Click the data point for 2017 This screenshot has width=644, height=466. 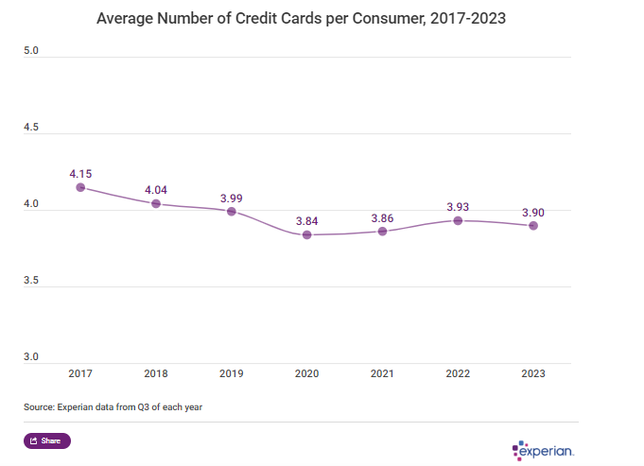pos(80,187)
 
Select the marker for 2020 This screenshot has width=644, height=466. pos(306,234)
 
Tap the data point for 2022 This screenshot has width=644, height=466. pos(458,220)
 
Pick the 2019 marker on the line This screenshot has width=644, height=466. pos(231,211)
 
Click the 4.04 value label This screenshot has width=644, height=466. pos(156,190)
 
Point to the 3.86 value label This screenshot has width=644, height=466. pos(382,218)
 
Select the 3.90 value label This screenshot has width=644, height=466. pos(533,213)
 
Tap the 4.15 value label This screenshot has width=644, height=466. pos(80,174)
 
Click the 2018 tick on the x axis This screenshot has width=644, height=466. pos(156,374)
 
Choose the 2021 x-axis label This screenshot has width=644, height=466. pos(382,374)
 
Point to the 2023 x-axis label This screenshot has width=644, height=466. pos(533,374)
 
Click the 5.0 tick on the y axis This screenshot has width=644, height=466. pos(31,50)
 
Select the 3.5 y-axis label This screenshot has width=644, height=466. pos(31,281)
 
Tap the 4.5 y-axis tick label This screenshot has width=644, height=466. pos(31,127)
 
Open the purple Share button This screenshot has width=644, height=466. pos(46,440)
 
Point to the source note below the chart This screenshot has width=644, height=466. pos(113,406)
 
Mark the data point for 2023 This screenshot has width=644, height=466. pos(533,226)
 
